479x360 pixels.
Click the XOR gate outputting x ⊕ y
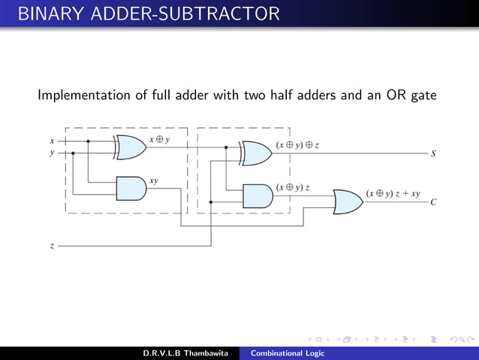click(x=131, y=147)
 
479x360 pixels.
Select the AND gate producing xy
click(x=131, y=189)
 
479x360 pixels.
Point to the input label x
click(x=52, y=141)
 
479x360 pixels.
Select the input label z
click(x=52, y=246)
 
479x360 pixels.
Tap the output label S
click(x=433, y=153)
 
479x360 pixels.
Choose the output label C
click(x=433, y=202)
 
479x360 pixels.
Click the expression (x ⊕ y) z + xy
click(x=393, y=192)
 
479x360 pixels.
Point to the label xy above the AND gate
click(x=153, y=180)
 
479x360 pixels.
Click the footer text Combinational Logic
click(x=288, y=353)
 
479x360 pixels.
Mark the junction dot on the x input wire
click(x=89, y=141)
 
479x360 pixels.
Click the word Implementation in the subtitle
click(x=82, y=96)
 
